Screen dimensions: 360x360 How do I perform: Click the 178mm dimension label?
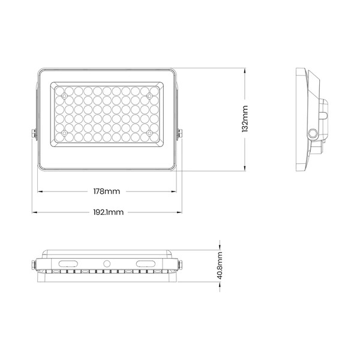[107, 191]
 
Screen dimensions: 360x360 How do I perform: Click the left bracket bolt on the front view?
[34, 134]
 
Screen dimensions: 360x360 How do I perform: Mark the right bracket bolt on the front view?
[180, 134]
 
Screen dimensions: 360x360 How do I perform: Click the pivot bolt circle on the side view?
[313, 133]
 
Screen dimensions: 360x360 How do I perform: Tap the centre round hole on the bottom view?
[107, 263]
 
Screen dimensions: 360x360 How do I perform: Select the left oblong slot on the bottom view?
[68, 263]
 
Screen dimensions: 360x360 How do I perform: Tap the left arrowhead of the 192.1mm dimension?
[35, 212]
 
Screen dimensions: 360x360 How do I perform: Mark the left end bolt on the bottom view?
[33, 265]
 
